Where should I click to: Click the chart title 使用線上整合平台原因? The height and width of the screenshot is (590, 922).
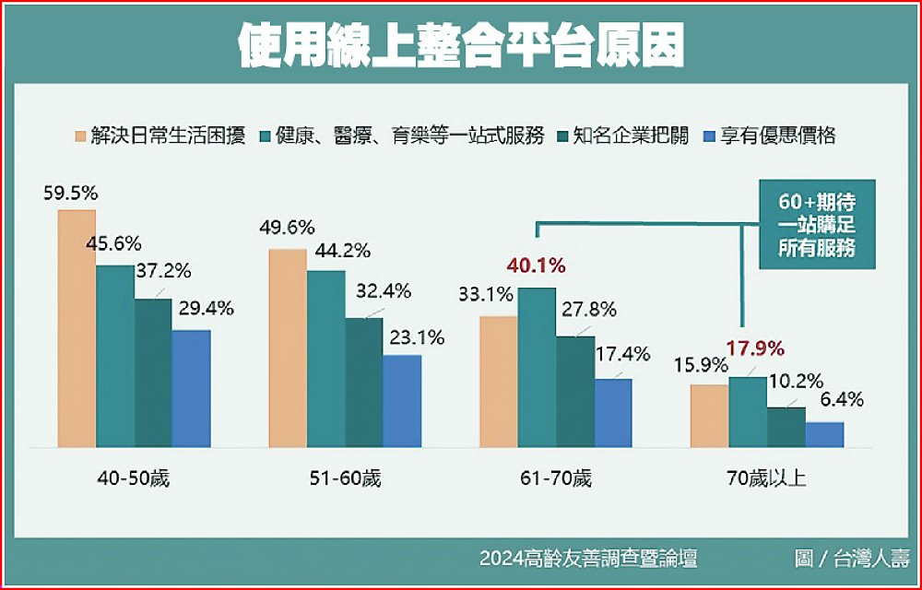click(461, 45)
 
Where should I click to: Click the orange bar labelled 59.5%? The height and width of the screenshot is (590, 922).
click(77, 328)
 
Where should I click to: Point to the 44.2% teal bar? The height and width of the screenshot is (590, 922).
click(325, 360)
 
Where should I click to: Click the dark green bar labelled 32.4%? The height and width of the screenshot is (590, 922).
click(364, 383)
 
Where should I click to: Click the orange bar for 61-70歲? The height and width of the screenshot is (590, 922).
click(498, 382)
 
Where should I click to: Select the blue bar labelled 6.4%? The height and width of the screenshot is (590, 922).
click(824, 435)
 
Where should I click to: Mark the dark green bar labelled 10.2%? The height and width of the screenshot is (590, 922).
click(786, 428)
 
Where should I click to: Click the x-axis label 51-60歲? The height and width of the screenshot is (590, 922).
click(345, 479)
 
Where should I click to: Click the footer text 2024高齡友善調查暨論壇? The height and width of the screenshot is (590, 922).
click(587, 559)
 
